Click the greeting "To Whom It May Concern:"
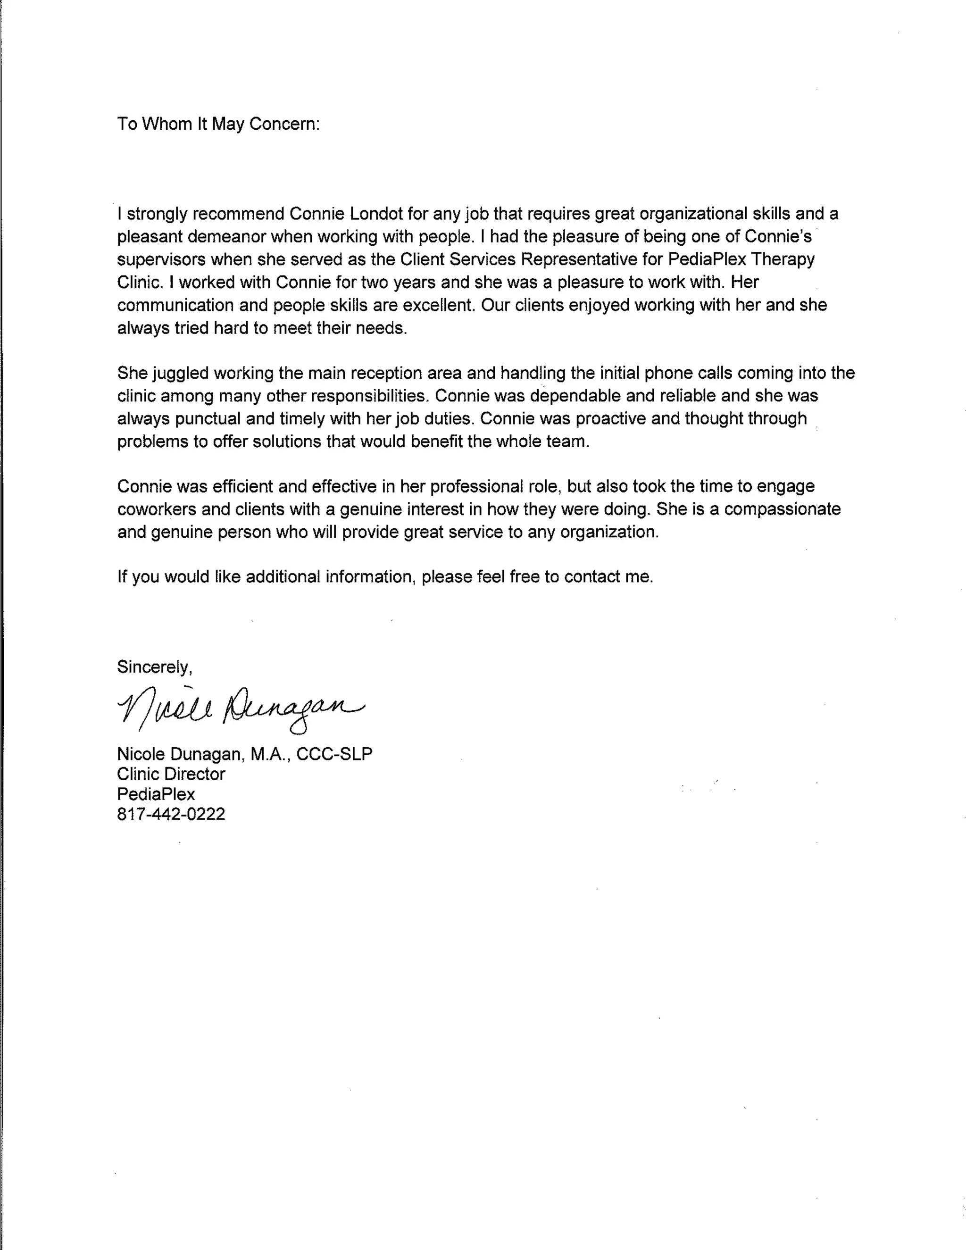[218, 124]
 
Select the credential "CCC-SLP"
[334, 754]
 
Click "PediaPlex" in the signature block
[156, 794]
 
